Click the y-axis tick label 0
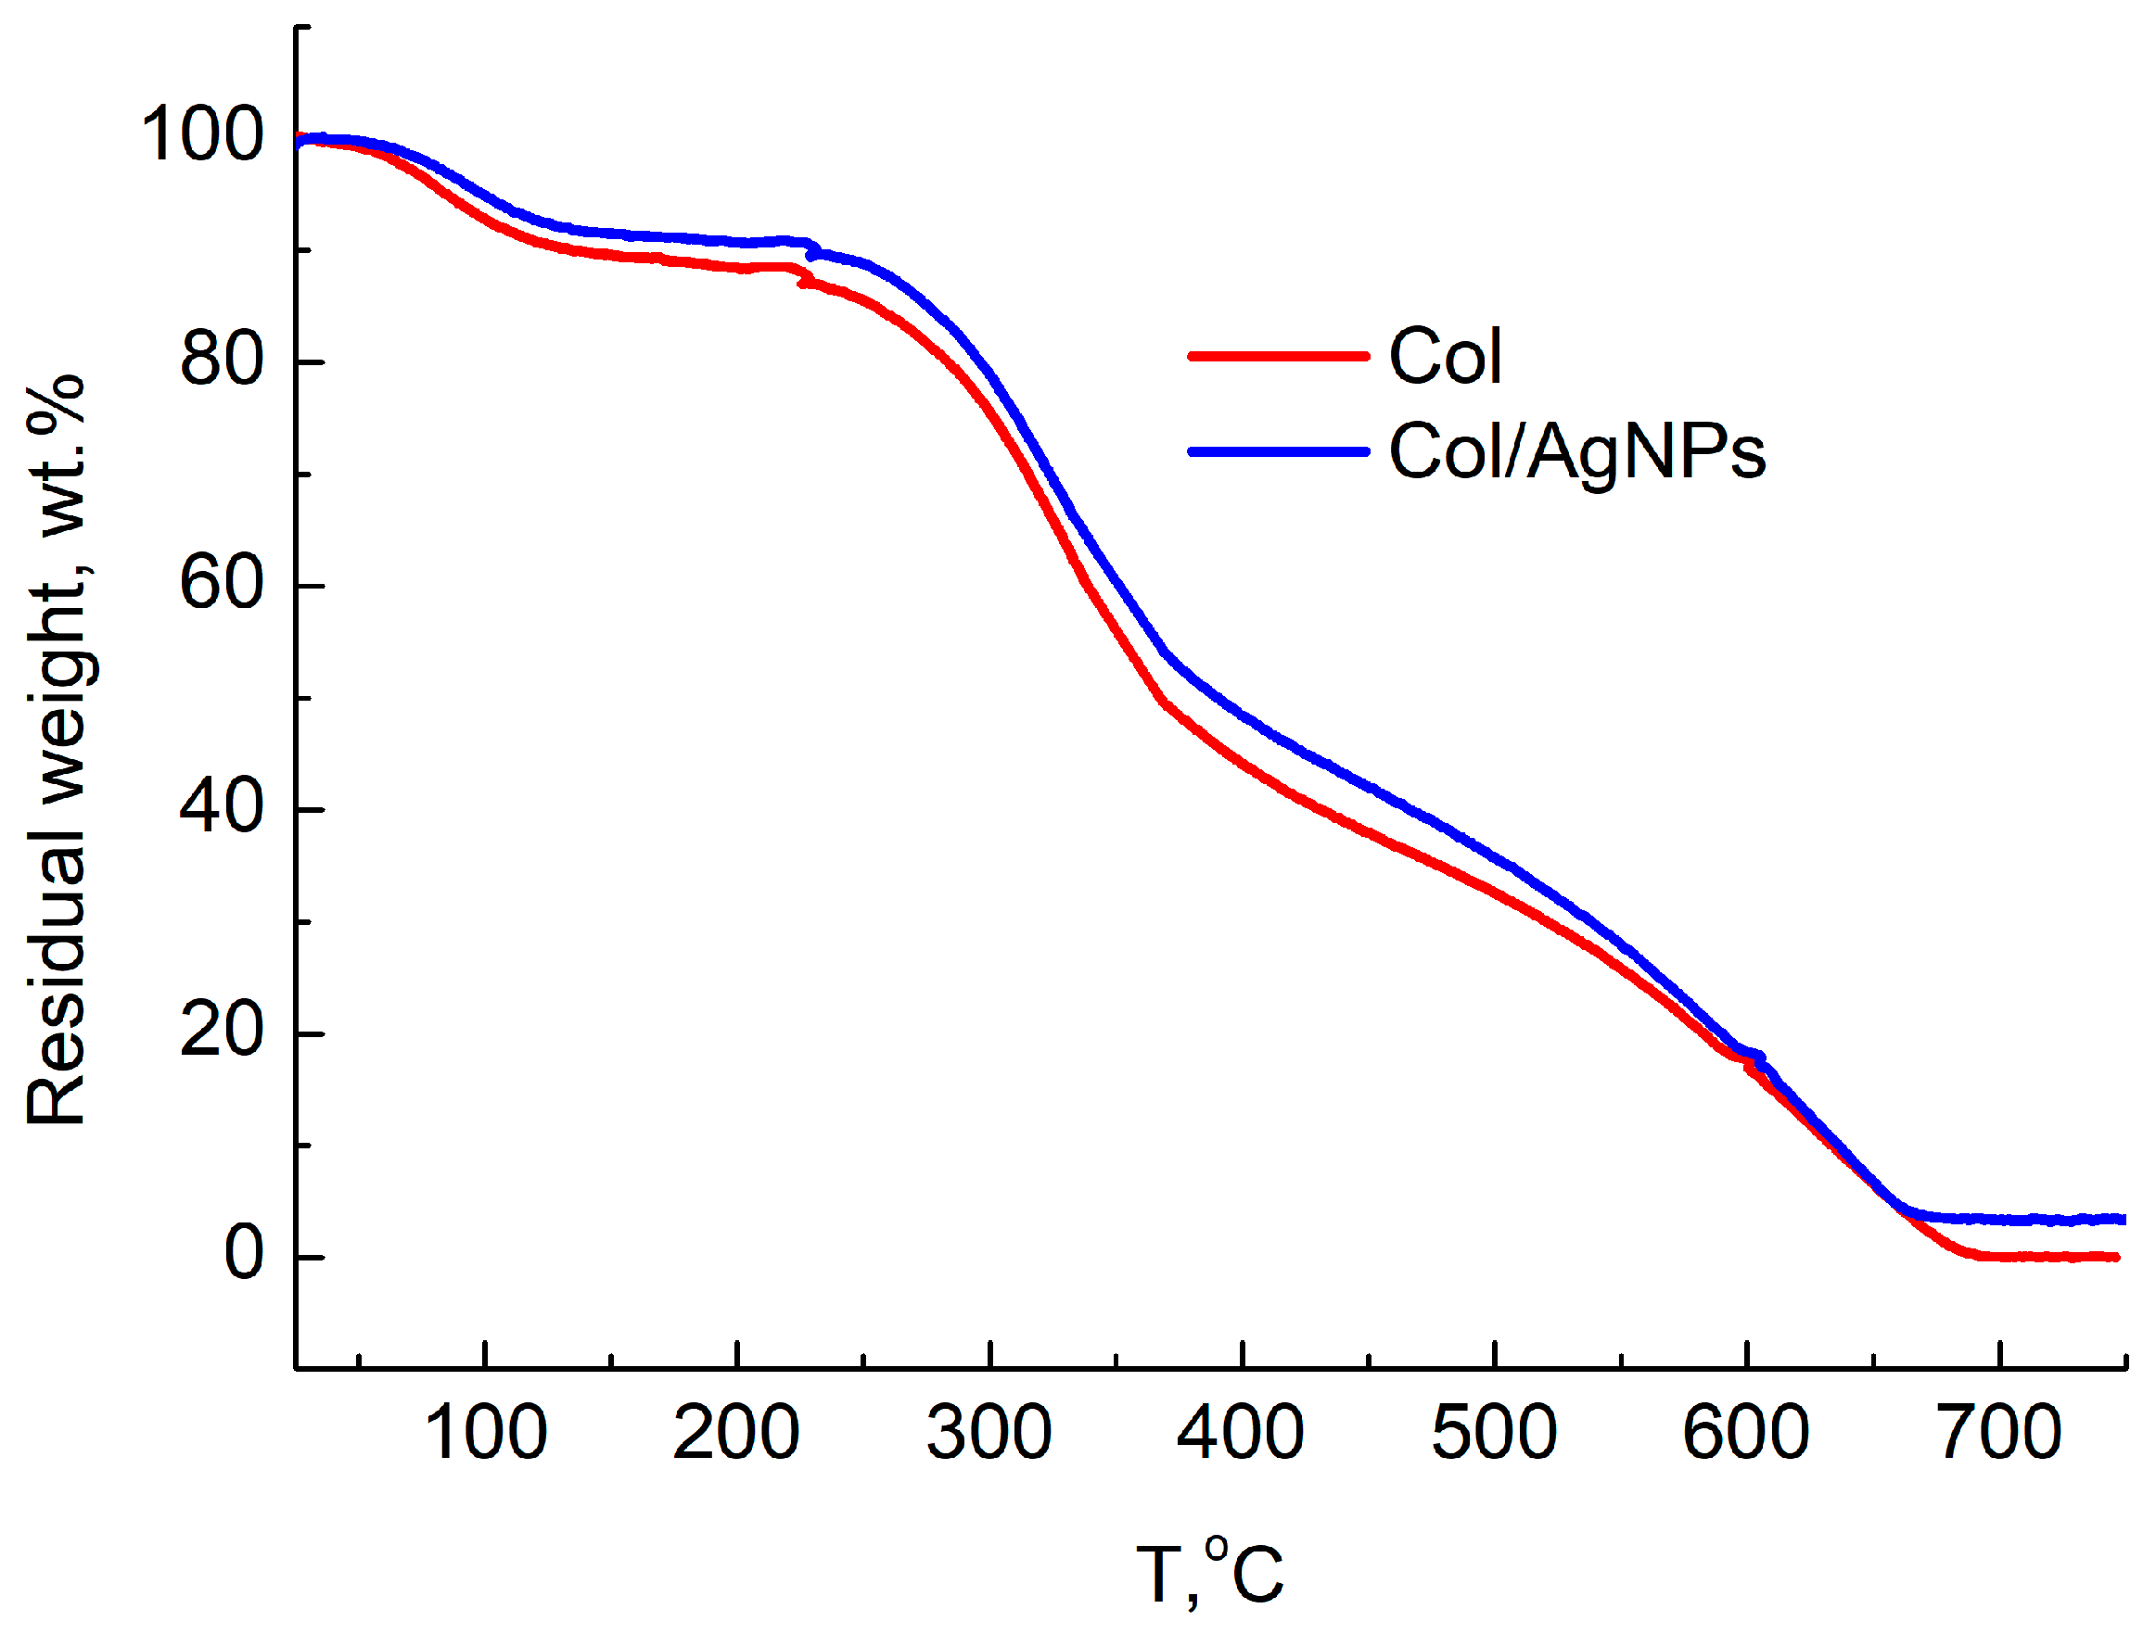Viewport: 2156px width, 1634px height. pyautogui.click(x=244, y=1255)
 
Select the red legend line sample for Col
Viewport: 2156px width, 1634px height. pyautogui.click(x=1278, y=357)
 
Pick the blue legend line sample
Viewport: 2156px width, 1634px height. pyautogui.click(x=1278, y=451)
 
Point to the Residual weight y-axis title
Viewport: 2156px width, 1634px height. pyautogui.click(x=57, y=750)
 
